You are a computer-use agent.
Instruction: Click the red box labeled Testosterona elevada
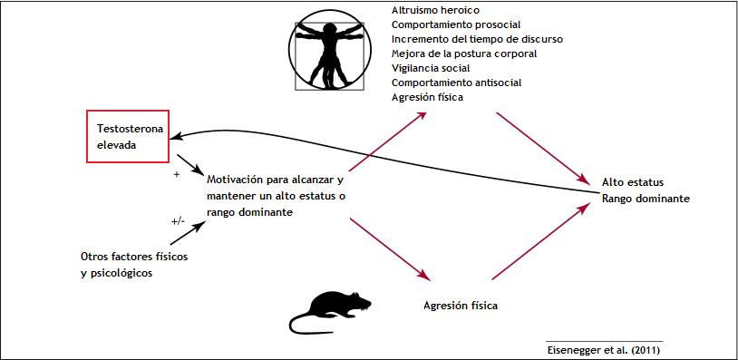(126, 136)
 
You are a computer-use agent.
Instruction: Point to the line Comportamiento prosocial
(455, 24)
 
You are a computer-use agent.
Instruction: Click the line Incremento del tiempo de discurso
(477, 39)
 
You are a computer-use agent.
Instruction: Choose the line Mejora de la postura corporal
(464, 54)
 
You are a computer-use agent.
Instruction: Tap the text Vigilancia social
(431, 68)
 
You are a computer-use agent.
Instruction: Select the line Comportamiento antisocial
(456, 83)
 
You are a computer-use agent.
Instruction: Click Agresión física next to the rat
(461, 306)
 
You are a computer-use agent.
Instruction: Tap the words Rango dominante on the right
(645, 199)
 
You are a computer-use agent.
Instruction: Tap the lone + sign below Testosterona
(176, 172)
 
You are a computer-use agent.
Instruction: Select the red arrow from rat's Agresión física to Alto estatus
(535, 240)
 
